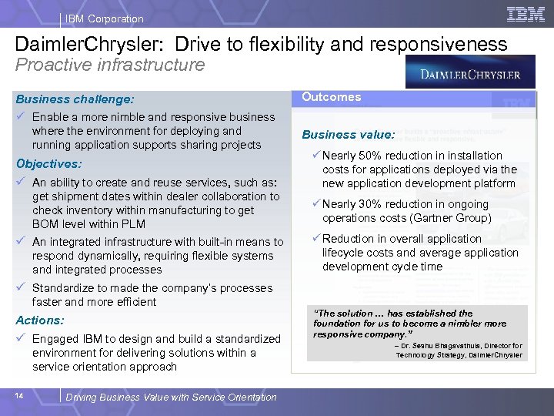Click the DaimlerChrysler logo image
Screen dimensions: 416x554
tap(469, 75)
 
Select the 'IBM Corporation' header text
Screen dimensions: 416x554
tap(104, 18)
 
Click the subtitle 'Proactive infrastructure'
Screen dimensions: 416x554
tap(111, 64)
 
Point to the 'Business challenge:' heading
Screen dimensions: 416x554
tap(75, 99)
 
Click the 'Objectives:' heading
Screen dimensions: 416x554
tap(48, 164)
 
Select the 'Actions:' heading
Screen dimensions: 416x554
tap(40, 320)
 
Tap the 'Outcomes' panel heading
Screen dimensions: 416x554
tap(331, 97)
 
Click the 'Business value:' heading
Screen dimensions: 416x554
tap(348, 134)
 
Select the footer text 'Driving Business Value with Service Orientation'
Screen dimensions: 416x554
tap(171, 397)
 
